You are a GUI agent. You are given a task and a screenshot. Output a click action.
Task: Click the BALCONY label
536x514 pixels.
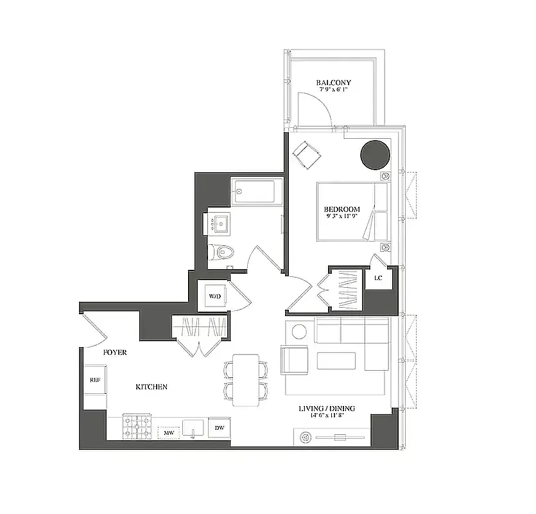(334, 83)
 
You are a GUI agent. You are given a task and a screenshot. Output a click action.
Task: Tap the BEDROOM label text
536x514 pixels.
(341, 209)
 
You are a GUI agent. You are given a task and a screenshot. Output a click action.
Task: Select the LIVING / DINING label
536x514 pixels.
(327, 409)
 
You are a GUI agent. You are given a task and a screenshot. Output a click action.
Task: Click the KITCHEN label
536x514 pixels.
(151, 387)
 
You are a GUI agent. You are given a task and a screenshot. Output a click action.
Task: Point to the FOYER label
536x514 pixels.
(115, 353)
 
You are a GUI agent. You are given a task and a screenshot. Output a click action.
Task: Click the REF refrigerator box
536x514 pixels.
(94, 379)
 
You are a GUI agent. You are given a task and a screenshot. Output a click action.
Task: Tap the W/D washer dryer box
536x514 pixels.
(213, 296)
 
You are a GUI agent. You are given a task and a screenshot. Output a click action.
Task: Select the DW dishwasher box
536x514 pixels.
(219, 428)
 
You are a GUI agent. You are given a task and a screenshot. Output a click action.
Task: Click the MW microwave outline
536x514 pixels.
(169, 433)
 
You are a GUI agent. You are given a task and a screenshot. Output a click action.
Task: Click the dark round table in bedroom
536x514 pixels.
(375, 154)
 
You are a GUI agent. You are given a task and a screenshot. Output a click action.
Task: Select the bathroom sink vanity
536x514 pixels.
(223, 224)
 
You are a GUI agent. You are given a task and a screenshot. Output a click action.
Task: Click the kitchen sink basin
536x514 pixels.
(193, 428)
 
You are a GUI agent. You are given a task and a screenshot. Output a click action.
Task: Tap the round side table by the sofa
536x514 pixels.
(298, 332)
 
